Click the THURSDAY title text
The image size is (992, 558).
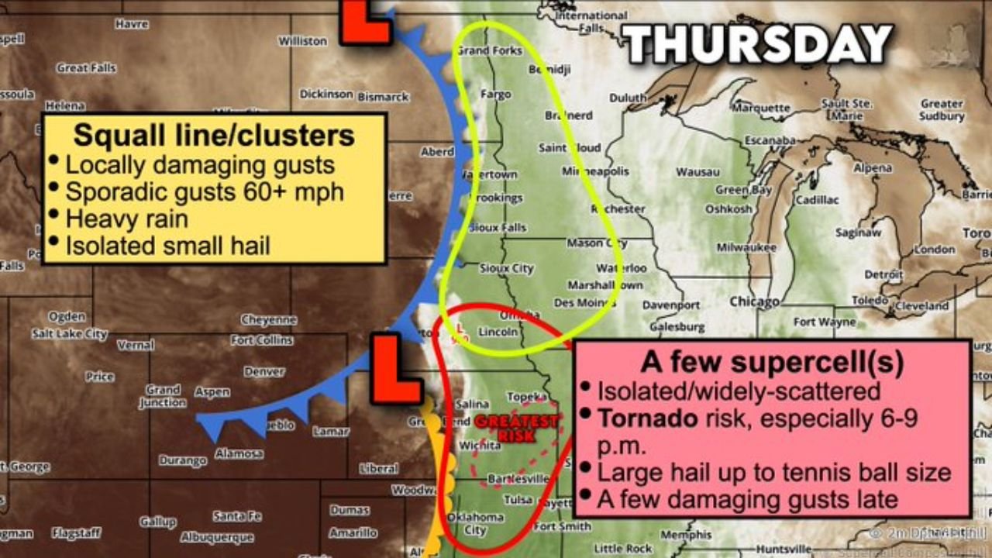point(758,44)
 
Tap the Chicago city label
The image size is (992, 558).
point(753,301)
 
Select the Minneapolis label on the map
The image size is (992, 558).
point(595,171)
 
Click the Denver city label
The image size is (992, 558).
point(264,371)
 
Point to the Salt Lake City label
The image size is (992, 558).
point(69,334)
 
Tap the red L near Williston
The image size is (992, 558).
point(366,21)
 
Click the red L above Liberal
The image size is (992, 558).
point(396,369)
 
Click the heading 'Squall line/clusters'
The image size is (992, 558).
point(214,136)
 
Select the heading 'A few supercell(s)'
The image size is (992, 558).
point(771,362)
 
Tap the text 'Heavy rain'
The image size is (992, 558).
point(126,219)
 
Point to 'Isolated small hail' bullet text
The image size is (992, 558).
point(167,246)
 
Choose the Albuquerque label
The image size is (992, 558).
point(216,536)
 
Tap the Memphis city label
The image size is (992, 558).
point(686,535)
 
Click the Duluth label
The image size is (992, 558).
point(627,98)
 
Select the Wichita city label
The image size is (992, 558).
point(479,446)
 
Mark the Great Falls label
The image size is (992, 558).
point(86,68)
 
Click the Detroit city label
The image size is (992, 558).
point(883,274)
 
